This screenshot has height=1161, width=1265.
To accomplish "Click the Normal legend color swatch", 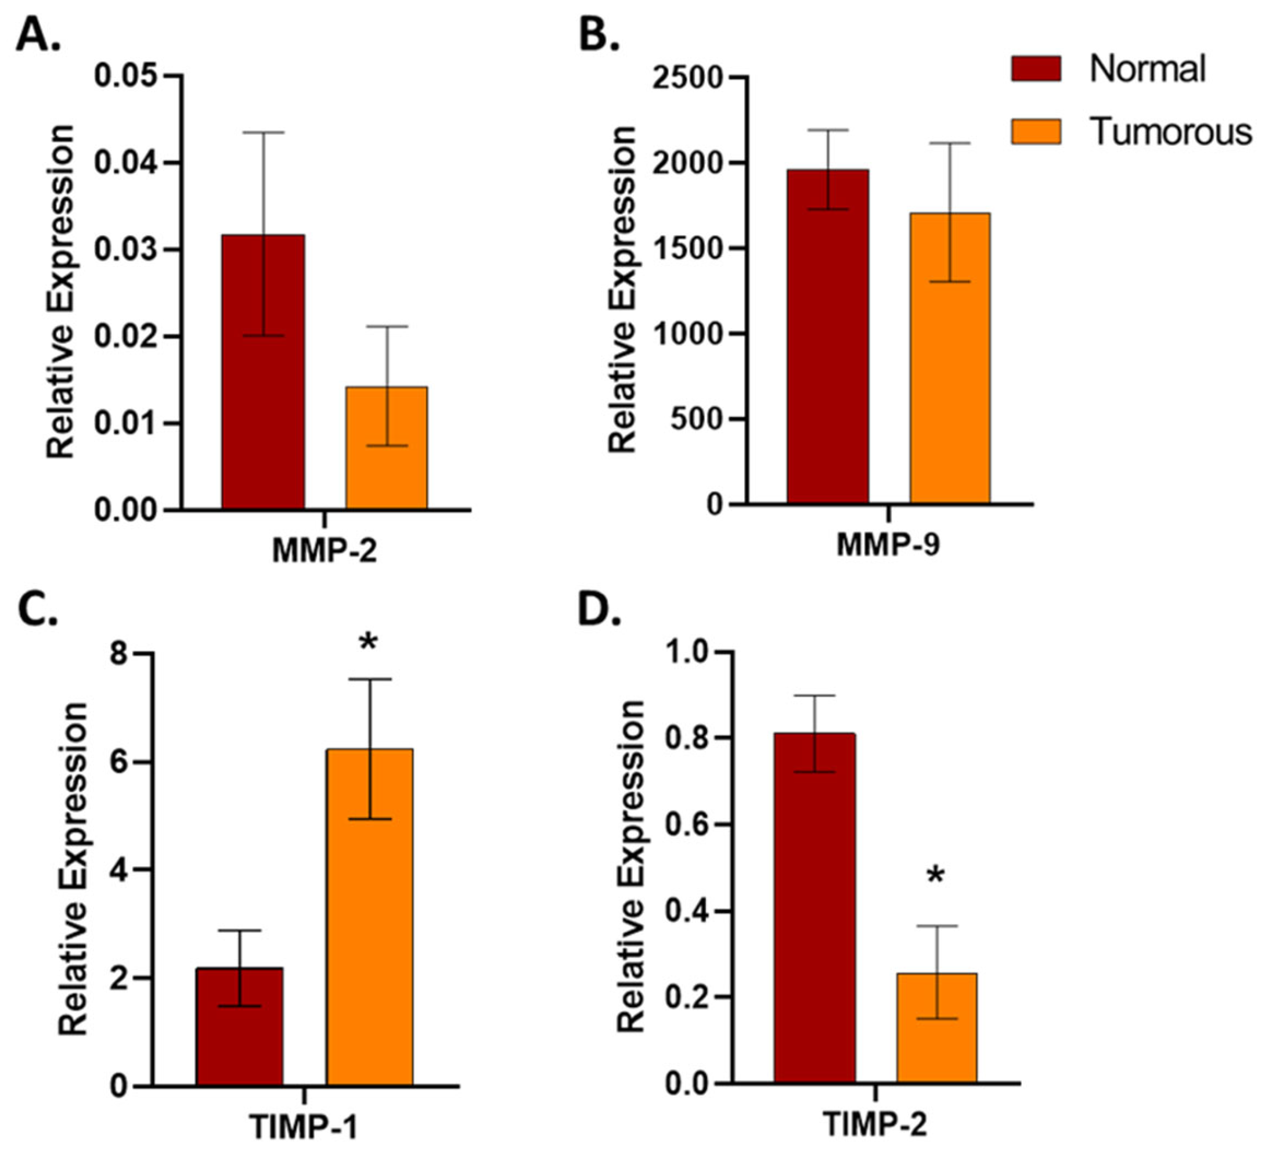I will tap(1036, 68).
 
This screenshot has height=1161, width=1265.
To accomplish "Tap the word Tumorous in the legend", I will tap(1170, 132).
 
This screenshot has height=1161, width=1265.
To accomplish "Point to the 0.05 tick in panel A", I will tap(125, 76).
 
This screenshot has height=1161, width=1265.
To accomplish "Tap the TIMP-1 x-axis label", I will tap(304, 1128).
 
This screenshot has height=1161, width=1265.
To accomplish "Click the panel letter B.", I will tap(599, 35).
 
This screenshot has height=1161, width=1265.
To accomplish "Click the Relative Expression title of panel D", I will tap(631, 867).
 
